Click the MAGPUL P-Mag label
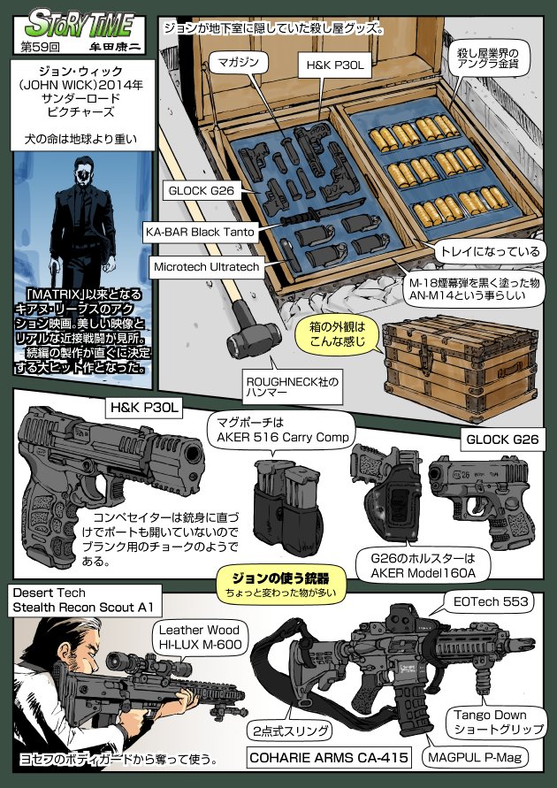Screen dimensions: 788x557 click(475, 758)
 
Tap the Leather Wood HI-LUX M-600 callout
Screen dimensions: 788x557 click(199, 638)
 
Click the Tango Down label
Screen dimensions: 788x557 click(492, 721)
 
